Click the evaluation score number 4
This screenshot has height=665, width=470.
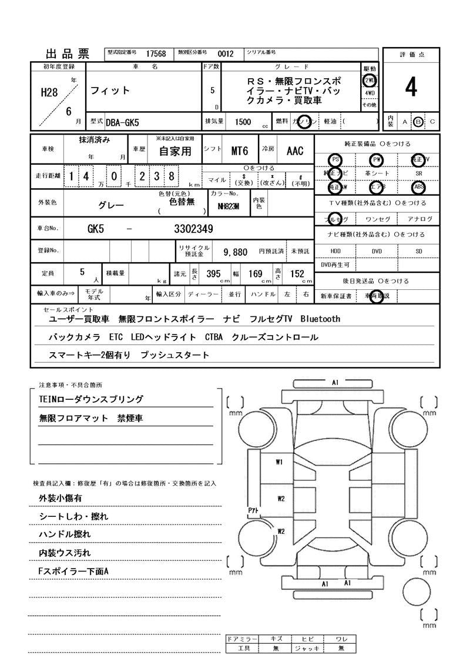click(411, 88)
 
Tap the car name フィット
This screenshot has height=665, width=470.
click(110, 91)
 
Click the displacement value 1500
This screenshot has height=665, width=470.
click(243, 122)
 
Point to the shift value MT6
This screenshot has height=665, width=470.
click(240, 151)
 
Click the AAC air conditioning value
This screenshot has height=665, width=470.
click(295, 151)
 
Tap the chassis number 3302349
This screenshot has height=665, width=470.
click(193, 229)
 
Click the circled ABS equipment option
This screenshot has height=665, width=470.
click(419, 187)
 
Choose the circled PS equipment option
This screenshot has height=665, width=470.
click(335, 160)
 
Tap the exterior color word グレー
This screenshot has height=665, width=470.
click(111, 206)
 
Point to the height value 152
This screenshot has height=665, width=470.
click(297, 273)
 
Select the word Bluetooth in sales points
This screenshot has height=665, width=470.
click(320, 319)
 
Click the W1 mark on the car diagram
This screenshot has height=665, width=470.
click(280, 462)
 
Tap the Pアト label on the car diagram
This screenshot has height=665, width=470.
click(254, 511)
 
